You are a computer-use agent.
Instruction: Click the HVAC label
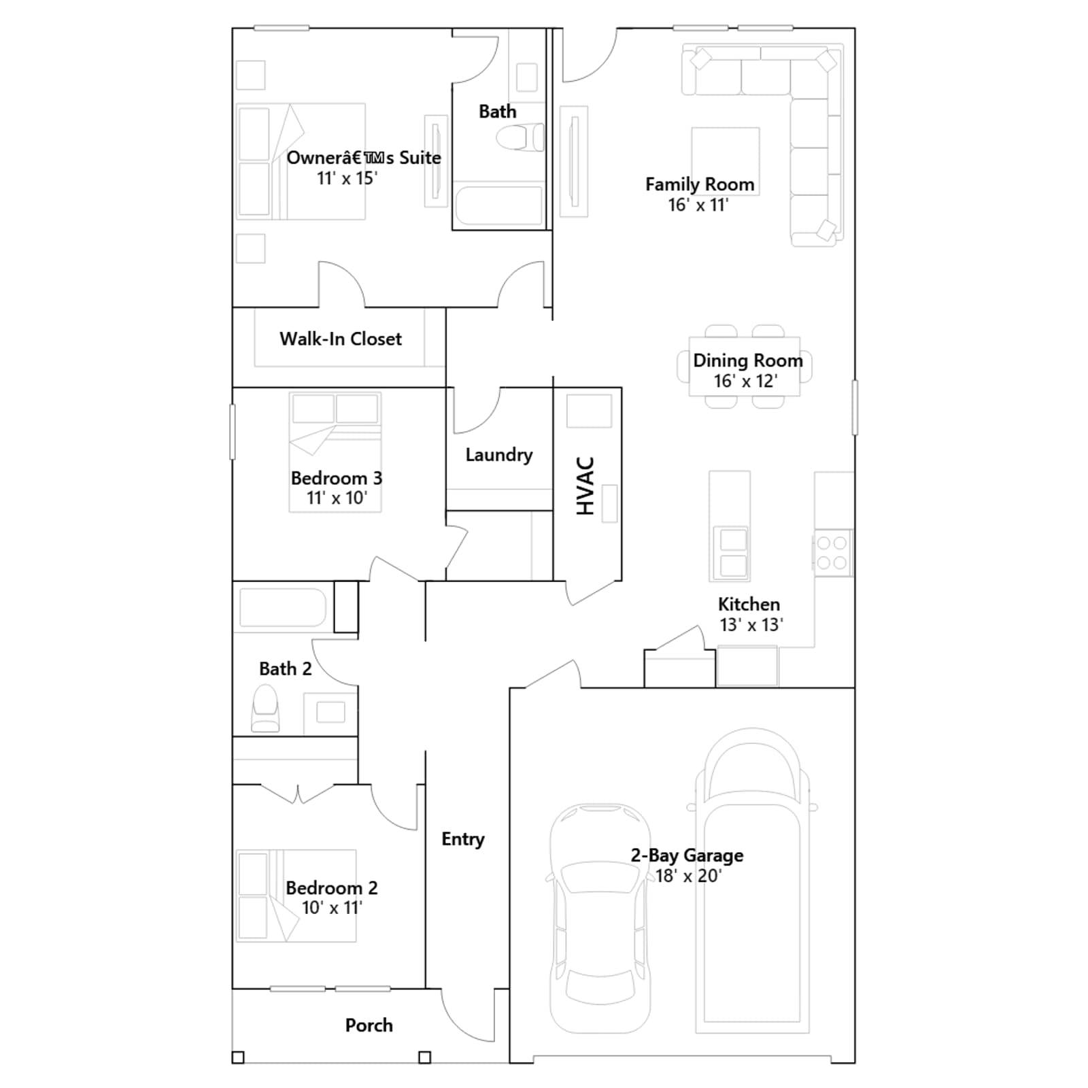tap(585, 486)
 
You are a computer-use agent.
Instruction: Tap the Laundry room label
tap(499, 455)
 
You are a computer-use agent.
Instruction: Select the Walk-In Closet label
tap(341, 339)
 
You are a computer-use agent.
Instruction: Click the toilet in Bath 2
tap(265, 708)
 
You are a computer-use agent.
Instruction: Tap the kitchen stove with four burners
tap(832, 553)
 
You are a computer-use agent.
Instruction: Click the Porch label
tap(369, 1025)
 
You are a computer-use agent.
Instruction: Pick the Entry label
tap(463, 839)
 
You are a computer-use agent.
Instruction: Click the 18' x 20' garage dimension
tap(688, 876)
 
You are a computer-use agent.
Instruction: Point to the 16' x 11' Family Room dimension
tap(698, 205)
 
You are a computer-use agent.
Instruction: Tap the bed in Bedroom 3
tap(335, 452)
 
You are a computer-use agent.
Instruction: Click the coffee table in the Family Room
tap(726, 161)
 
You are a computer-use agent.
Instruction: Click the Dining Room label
tap(748, 360)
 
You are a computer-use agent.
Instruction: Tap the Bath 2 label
tap(286, 669)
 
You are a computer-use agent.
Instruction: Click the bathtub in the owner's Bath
tap(499, 205)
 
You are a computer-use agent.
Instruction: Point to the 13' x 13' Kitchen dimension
tap(751, 625)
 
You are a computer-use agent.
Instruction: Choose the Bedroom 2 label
tap(332, 888)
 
